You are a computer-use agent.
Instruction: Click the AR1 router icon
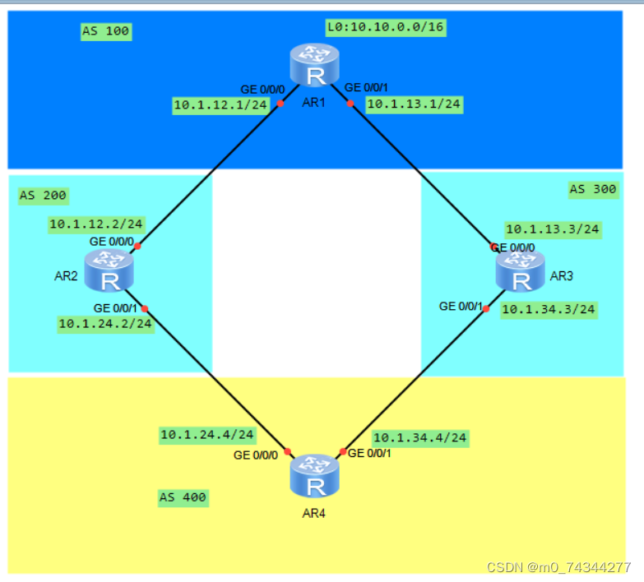(x=314, y=67)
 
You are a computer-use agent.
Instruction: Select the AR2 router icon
(x=109, y=271)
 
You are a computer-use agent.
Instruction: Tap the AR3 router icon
(x=520, y=271)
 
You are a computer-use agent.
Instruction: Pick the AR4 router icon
(x=314, y=476)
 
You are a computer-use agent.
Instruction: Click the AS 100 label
(x=106, y=32)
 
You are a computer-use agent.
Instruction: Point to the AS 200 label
(x=43, y=196)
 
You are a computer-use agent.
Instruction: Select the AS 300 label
(x=592, y=190)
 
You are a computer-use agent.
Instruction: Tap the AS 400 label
(x=183, y=497)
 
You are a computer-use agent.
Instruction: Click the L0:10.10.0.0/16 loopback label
(x=385, y=28)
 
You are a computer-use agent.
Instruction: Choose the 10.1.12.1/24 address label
(x=220, y=105)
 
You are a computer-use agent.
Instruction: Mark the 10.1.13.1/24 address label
(x=413, y=104)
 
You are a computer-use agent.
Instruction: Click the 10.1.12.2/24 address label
(x=96, y=224)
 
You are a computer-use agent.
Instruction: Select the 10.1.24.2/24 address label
(x=105, y=324)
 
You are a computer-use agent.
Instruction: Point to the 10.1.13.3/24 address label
(x=552, y=229)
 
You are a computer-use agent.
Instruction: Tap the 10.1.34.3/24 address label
(x=548, y=310)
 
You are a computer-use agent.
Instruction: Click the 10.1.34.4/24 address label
(x=419, y=438)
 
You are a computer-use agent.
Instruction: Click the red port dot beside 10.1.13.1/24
(x=350, y=104)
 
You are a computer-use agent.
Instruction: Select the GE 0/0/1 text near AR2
(x=116, y=307)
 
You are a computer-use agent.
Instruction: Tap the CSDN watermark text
(x=558, y=567)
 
